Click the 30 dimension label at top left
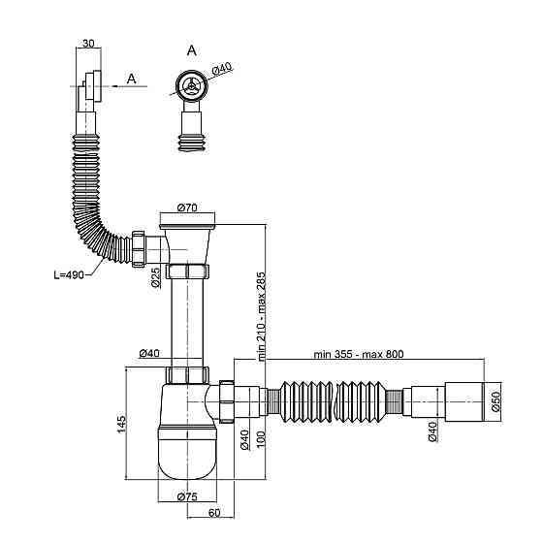(x=88, y=44)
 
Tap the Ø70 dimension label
(x=187, y=208)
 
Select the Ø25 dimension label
(x=156, y=277)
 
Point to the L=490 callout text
(x=69, y=275)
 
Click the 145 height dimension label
(x=121, y=424)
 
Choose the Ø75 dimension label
(x=187, y=496)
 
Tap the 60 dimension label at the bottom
(x=214, y=513)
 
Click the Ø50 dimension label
(x=495, y=401)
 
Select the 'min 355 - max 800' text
(x=359, y=354)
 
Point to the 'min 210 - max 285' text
(x=261, y=316)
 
